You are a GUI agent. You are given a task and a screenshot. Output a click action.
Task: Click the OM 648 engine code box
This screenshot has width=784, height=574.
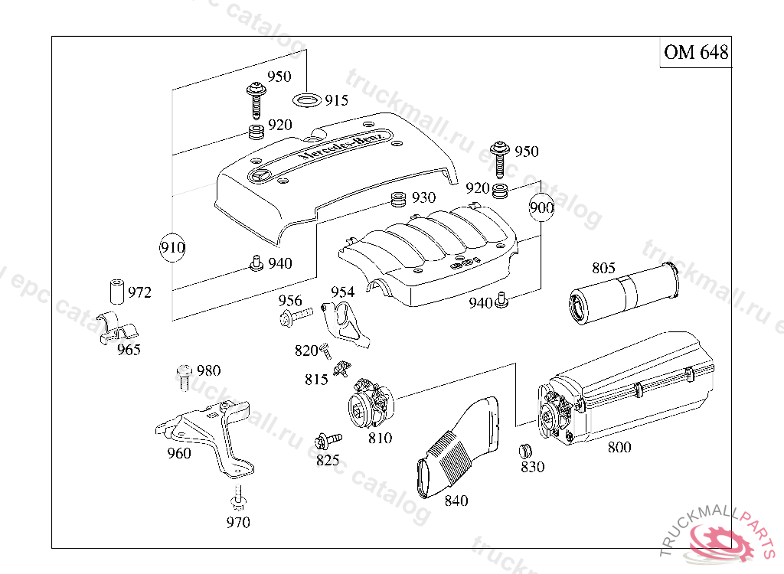coord(695,52)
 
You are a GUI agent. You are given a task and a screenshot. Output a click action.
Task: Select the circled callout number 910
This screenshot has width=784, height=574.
coord(172,247)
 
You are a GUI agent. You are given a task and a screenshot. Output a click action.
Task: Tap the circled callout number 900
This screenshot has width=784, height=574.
coord(541,207)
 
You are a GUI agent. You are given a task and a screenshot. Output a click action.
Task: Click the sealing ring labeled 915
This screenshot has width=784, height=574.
coord(307,99)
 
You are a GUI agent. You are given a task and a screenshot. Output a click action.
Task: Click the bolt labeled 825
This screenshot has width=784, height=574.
coord(328,441)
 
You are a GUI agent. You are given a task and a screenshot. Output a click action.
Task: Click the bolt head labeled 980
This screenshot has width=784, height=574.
coord(184,375)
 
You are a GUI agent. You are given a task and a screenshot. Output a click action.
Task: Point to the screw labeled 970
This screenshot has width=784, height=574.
coord(238,499)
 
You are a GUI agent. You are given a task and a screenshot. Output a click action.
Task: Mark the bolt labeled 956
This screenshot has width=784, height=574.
coord(296,315)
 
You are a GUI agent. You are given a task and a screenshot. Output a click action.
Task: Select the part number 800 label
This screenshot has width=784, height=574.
coord(619,447)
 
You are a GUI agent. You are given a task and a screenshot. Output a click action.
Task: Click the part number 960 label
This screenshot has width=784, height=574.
coord(179,453)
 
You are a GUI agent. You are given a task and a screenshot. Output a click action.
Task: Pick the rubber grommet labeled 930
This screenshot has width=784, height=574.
coord(398,201)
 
